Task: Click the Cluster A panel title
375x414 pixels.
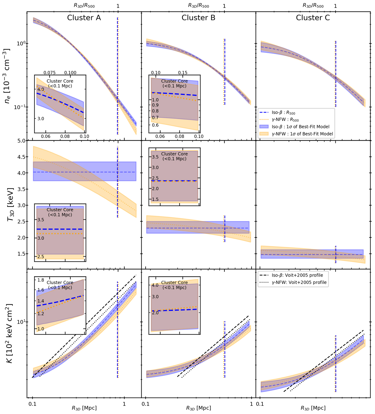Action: [84, 18]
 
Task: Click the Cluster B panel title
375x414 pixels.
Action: [198, 18]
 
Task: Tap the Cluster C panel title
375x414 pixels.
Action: [313, 18]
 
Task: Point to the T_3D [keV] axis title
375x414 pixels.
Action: [10, 205]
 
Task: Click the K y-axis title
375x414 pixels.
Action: [9, 333]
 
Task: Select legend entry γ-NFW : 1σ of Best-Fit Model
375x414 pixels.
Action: [302, 134]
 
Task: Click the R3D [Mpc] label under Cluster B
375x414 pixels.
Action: [198, 408]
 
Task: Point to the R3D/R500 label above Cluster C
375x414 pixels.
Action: [313, 6]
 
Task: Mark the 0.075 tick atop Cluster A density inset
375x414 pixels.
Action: [49, 73]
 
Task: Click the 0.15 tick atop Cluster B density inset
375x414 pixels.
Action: [183, 73]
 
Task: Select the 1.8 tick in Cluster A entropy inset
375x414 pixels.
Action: [41, 280]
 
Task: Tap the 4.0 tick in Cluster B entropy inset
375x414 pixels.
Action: [155, 285]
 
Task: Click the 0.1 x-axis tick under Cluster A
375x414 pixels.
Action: [32, 404]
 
